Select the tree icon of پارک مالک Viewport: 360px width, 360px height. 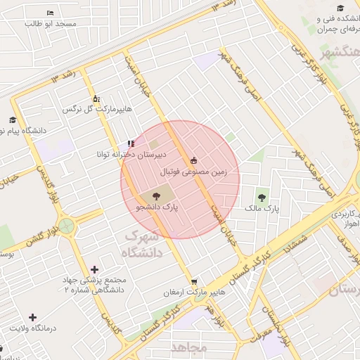click(262, 198)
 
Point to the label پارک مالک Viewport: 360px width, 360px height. click(262, 209)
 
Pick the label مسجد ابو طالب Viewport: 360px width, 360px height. click(50, 23)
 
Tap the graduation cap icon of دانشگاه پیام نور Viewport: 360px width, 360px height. click(12, 121)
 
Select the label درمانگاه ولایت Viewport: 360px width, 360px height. click(32, 328)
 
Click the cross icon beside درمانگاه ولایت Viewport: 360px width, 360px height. click(32, 318)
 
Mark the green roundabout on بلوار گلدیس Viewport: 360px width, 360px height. click(67, 226)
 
